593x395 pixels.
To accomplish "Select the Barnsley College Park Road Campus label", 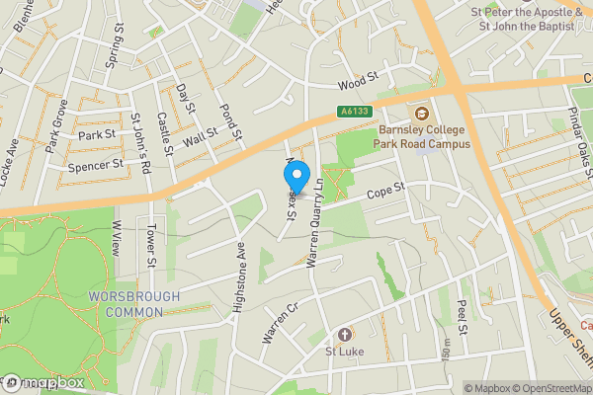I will [423, 136].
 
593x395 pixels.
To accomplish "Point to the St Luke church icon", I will [345, 335].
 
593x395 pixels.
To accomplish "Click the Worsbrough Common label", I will [134, 303].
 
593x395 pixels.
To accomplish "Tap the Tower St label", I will [151, 249].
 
